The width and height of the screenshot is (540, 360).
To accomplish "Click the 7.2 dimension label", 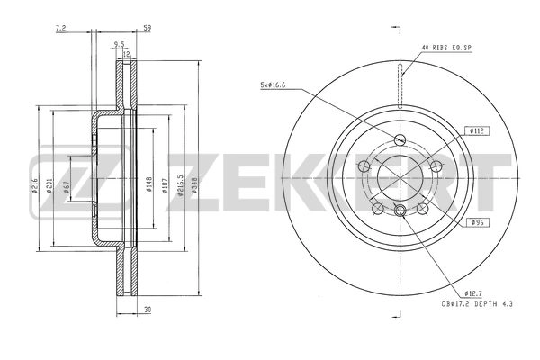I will [x=60, y=28].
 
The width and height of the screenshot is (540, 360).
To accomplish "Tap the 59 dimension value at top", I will [x=147, y=28].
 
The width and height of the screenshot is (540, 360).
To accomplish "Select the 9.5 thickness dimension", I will [x=119, y=43].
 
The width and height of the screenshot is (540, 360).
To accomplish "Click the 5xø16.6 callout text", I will [x=274, y=85].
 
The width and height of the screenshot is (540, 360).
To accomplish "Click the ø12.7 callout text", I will [x=476, y=292].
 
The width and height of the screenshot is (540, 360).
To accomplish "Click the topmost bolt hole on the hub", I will [x=399, y=138].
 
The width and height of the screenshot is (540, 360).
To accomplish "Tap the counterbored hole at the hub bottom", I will [x=399, y=211].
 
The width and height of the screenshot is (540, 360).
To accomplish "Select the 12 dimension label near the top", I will [x=127, y=54].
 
